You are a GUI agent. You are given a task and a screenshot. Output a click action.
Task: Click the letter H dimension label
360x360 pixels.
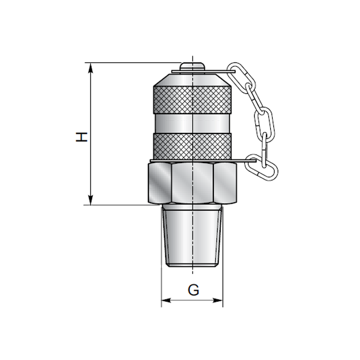click(x=83, y=137)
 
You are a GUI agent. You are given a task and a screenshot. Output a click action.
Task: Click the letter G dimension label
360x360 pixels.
click(x=193, y=290)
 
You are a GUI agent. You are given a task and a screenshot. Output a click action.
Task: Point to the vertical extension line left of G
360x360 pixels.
click(x=162, y=286)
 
